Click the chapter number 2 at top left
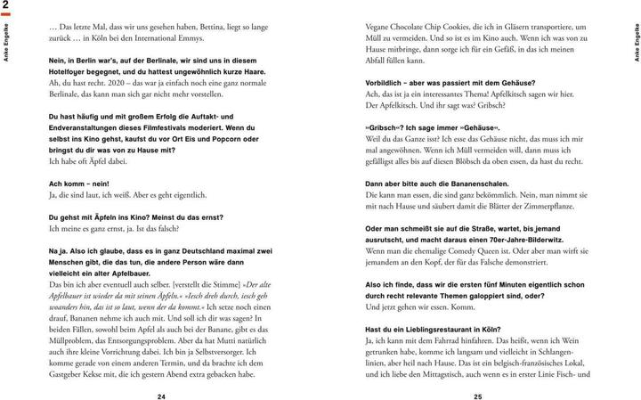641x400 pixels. [x=6, y=7]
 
